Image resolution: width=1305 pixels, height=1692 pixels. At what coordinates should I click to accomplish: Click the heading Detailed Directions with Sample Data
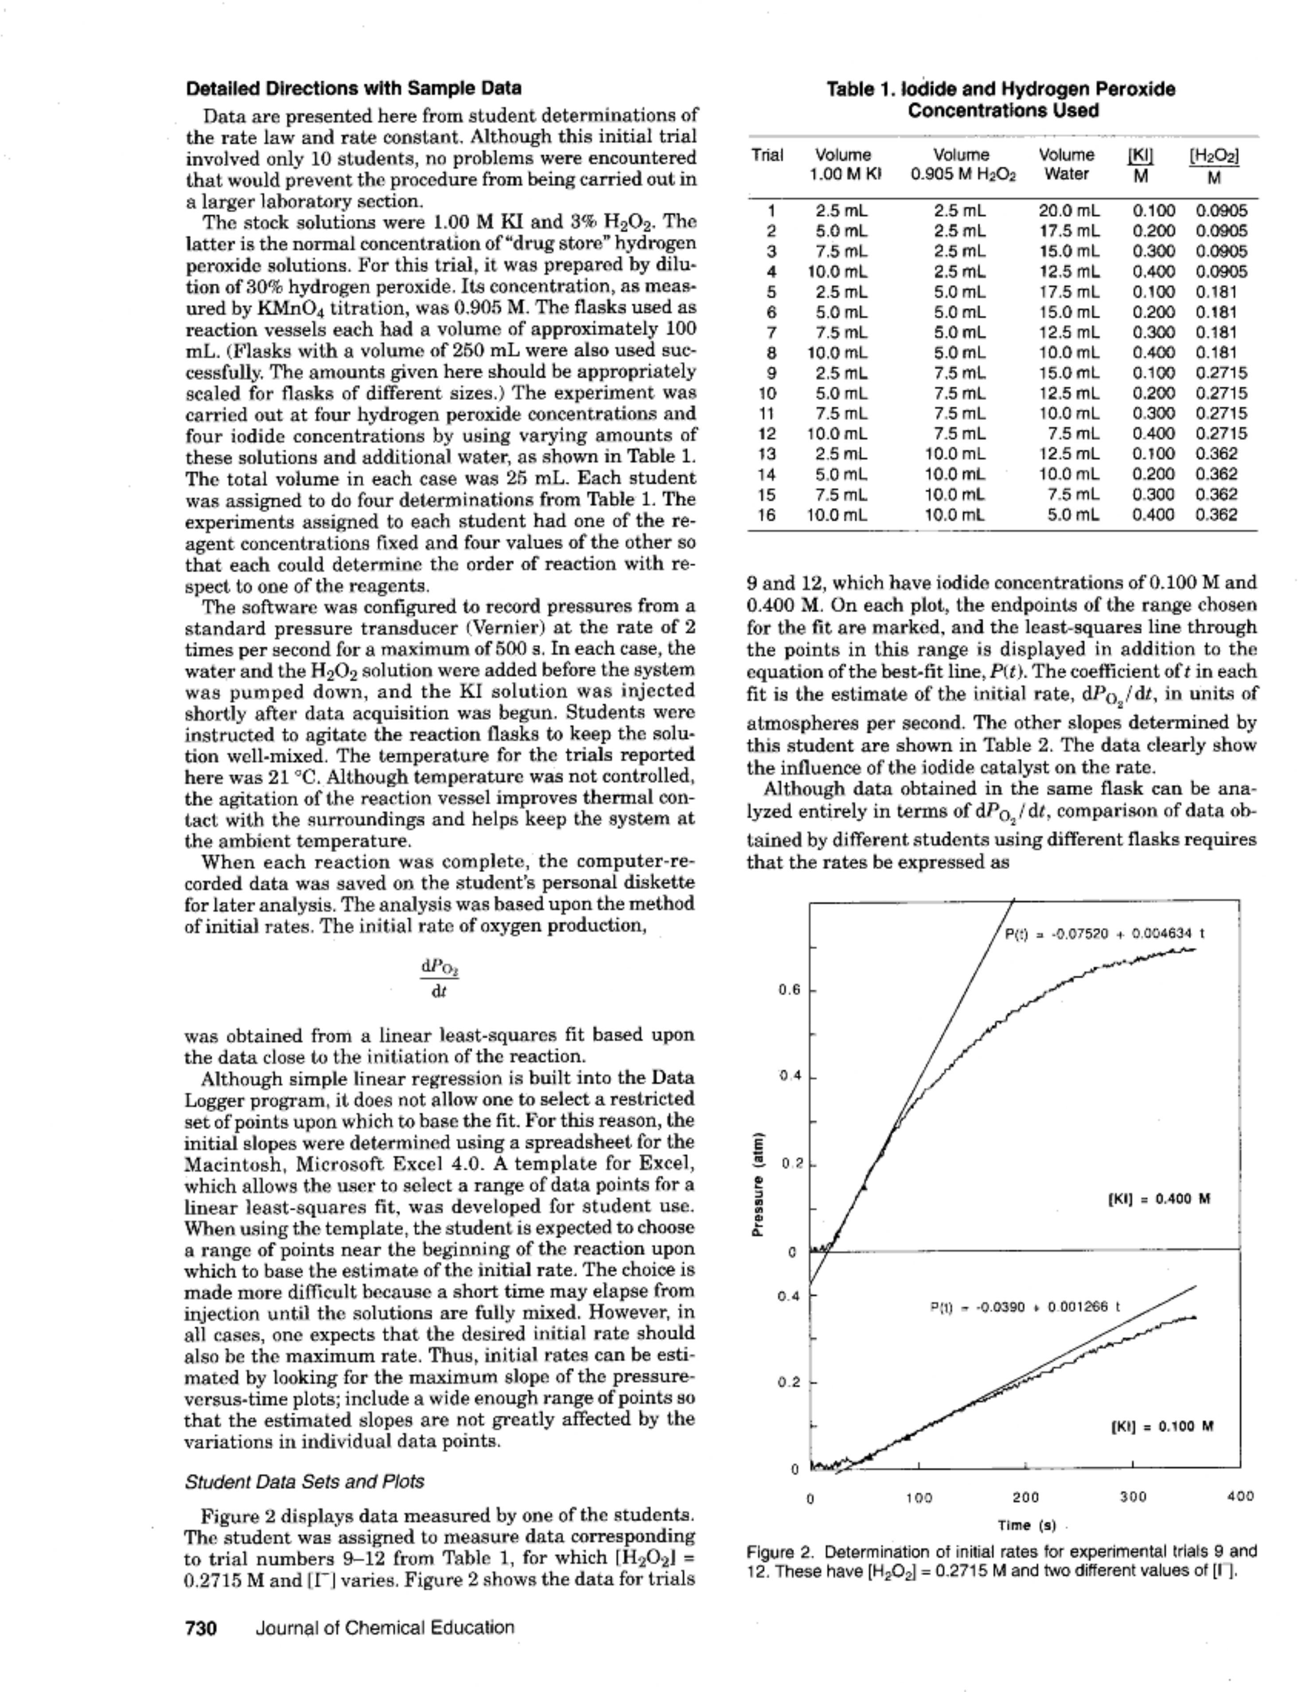(x=353, y=88)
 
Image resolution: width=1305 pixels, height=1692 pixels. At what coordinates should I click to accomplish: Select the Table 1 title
(x=1001, y=100)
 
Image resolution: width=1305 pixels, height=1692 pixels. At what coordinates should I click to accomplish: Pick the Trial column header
(x=767, y=155)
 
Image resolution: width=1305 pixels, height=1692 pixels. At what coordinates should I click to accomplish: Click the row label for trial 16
(x=767, y=514)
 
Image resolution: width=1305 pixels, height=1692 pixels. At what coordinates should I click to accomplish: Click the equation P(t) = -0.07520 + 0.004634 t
(x=1104, y=934)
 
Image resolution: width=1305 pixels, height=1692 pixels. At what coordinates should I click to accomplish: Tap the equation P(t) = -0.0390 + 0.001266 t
(x=1025, y=1307)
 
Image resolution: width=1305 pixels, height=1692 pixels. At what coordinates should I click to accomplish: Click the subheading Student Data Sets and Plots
(x=304, y=1481)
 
